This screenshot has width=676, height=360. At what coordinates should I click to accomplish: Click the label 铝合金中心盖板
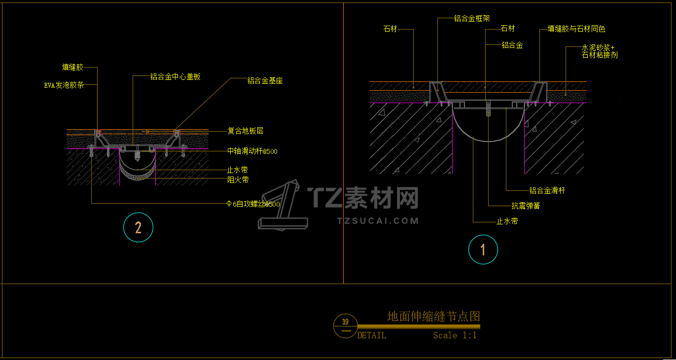point(175,77)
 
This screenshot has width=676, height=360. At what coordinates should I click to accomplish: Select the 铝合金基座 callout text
point(265,81)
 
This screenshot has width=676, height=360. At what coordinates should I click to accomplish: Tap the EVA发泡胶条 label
point(64,85)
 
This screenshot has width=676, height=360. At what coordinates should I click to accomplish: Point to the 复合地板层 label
point(245,131)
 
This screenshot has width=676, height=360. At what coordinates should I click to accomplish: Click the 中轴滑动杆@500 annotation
point(252,151)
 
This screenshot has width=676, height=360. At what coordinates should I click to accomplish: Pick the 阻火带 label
point(238,180)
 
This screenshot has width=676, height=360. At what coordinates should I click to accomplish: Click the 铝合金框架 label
point(472,19)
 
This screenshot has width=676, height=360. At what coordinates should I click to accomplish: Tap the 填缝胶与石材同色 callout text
point(576,30)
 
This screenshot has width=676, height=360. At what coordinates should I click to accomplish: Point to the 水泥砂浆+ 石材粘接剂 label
point(600,51)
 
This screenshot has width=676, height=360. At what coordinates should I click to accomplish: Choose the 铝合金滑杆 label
point(547,190)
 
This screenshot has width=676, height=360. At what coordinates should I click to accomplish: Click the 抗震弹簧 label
point(526,206)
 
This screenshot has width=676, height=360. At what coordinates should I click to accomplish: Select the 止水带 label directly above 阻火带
point(237,170)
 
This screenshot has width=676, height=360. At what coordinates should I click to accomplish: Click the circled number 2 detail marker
point(139,227)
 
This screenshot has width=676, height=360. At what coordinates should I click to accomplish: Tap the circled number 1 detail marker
point(483,250)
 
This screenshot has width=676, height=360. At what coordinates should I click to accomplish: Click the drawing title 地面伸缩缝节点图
point(433,316)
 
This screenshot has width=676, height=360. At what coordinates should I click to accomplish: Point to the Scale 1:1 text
point(455,335)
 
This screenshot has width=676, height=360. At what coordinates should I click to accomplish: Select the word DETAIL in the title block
point(372,335)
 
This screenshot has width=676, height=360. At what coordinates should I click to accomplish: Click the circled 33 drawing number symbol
point(345,325)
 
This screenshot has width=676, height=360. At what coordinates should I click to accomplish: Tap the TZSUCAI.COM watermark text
point(378,221)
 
